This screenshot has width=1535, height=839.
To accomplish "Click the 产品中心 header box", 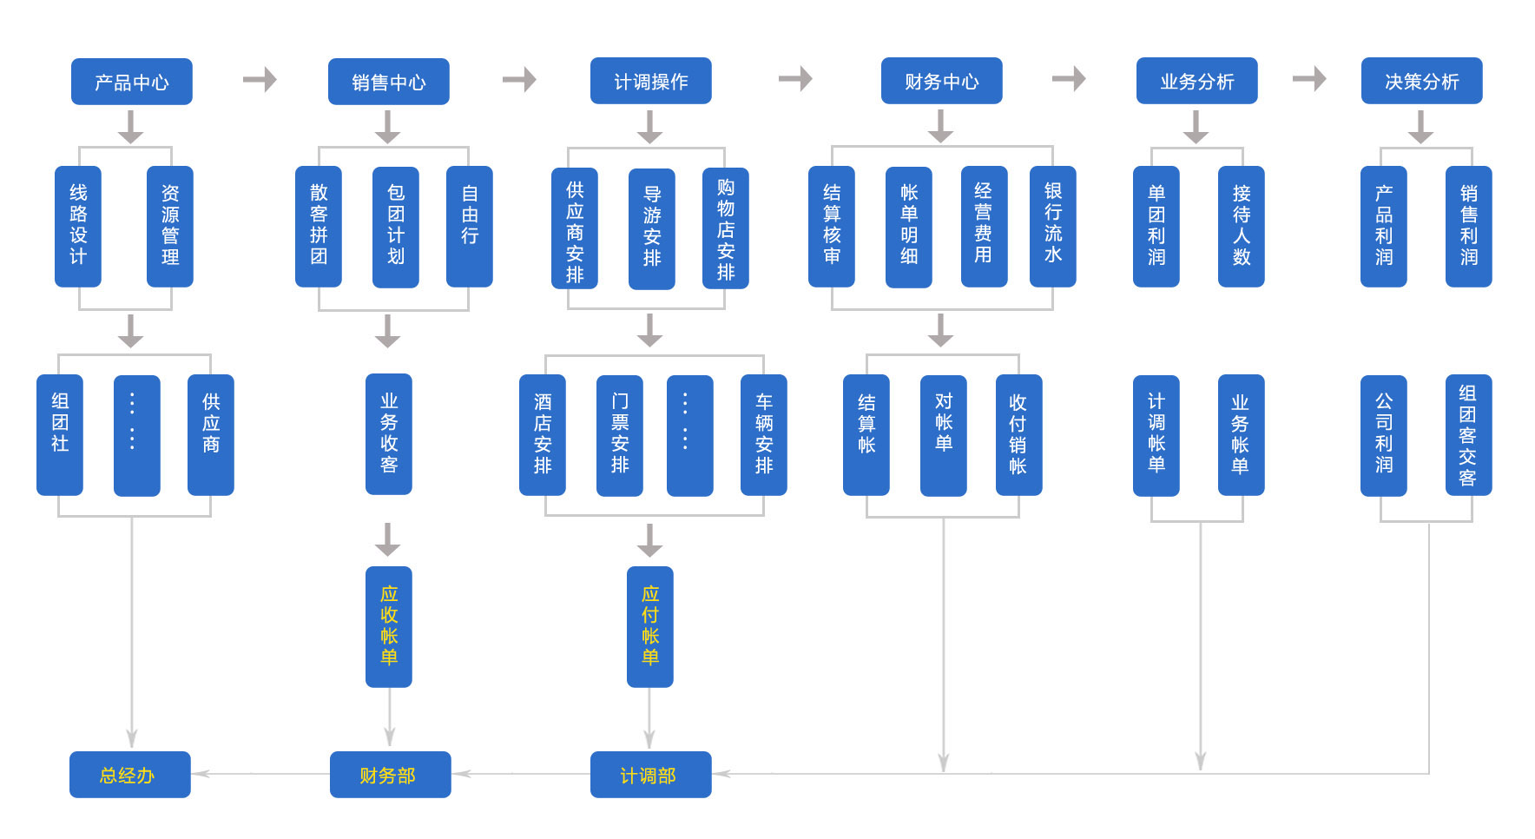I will pyautogui.click(x=131, y=82).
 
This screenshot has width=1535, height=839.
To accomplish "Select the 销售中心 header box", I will pyautogui.click(x=388, y=82).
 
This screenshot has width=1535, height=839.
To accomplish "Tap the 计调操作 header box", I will pyautogui.click(x=650, y=81).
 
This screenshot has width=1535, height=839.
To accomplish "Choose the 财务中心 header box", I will pyautogui.click(x=941, y=81).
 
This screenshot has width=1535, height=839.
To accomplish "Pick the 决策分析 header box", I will pyautogui.click(x=1421, y=81).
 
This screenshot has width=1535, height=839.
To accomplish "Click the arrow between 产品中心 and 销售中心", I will pyautogui.click(x=260, y=80).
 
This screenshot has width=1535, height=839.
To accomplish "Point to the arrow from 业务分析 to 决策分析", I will pyautogui.click(x=1309, y=79).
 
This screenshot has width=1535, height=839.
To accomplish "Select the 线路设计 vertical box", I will pyautogui.click(x=78, y=226).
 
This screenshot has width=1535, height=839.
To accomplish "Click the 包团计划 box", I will pyautogui.click(x=395, y=226).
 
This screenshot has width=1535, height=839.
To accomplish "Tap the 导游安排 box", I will pyautogui.click(x=651, y=228).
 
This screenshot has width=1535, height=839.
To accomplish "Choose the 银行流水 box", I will pyautogui.click(x=1052, y=226).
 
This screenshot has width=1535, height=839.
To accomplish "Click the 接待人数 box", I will pyautogui.click(x=1241, y=226).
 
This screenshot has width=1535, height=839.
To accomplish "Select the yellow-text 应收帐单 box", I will pyautogui.click(x=388, y=626).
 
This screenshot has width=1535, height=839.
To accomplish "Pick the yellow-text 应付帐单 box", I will pyautogui.click(x=649, y=626).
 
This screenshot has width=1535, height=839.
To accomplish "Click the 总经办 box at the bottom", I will pyautogui.click(x=129, y=774).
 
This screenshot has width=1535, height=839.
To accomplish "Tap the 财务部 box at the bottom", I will pyautogui.click(x=390, y=774).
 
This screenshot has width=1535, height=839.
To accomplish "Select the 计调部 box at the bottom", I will pyautogui.click(x=650, y=774).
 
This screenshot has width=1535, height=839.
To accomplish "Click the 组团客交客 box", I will pyautogui.click(x=1467, y=434).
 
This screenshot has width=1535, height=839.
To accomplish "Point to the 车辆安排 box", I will pyautogui.click(x=763, y=434).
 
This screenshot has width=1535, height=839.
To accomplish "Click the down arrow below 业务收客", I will pyautogui.click(x=388, y=538).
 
